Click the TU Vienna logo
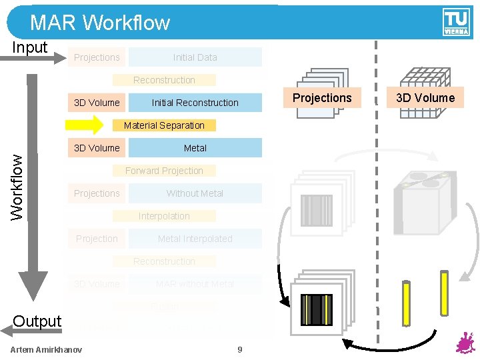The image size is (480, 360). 456,22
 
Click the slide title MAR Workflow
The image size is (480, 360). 100,23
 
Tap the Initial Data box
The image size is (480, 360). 195,57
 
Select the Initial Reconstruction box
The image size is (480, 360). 195,103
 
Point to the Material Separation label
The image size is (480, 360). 164,125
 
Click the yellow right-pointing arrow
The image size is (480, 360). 84,125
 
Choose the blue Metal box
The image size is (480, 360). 195,148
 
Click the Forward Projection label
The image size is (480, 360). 164,171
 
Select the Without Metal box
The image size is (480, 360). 195,193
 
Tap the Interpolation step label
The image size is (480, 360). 164,216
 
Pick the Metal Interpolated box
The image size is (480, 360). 195,239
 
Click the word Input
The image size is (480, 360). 30,47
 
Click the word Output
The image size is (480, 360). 37,321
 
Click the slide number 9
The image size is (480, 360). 240,350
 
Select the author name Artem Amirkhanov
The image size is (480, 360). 47,350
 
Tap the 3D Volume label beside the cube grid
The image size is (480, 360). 425,98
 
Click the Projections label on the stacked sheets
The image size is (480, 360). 322,98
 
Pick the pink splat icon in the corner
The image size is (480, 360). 465,344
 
